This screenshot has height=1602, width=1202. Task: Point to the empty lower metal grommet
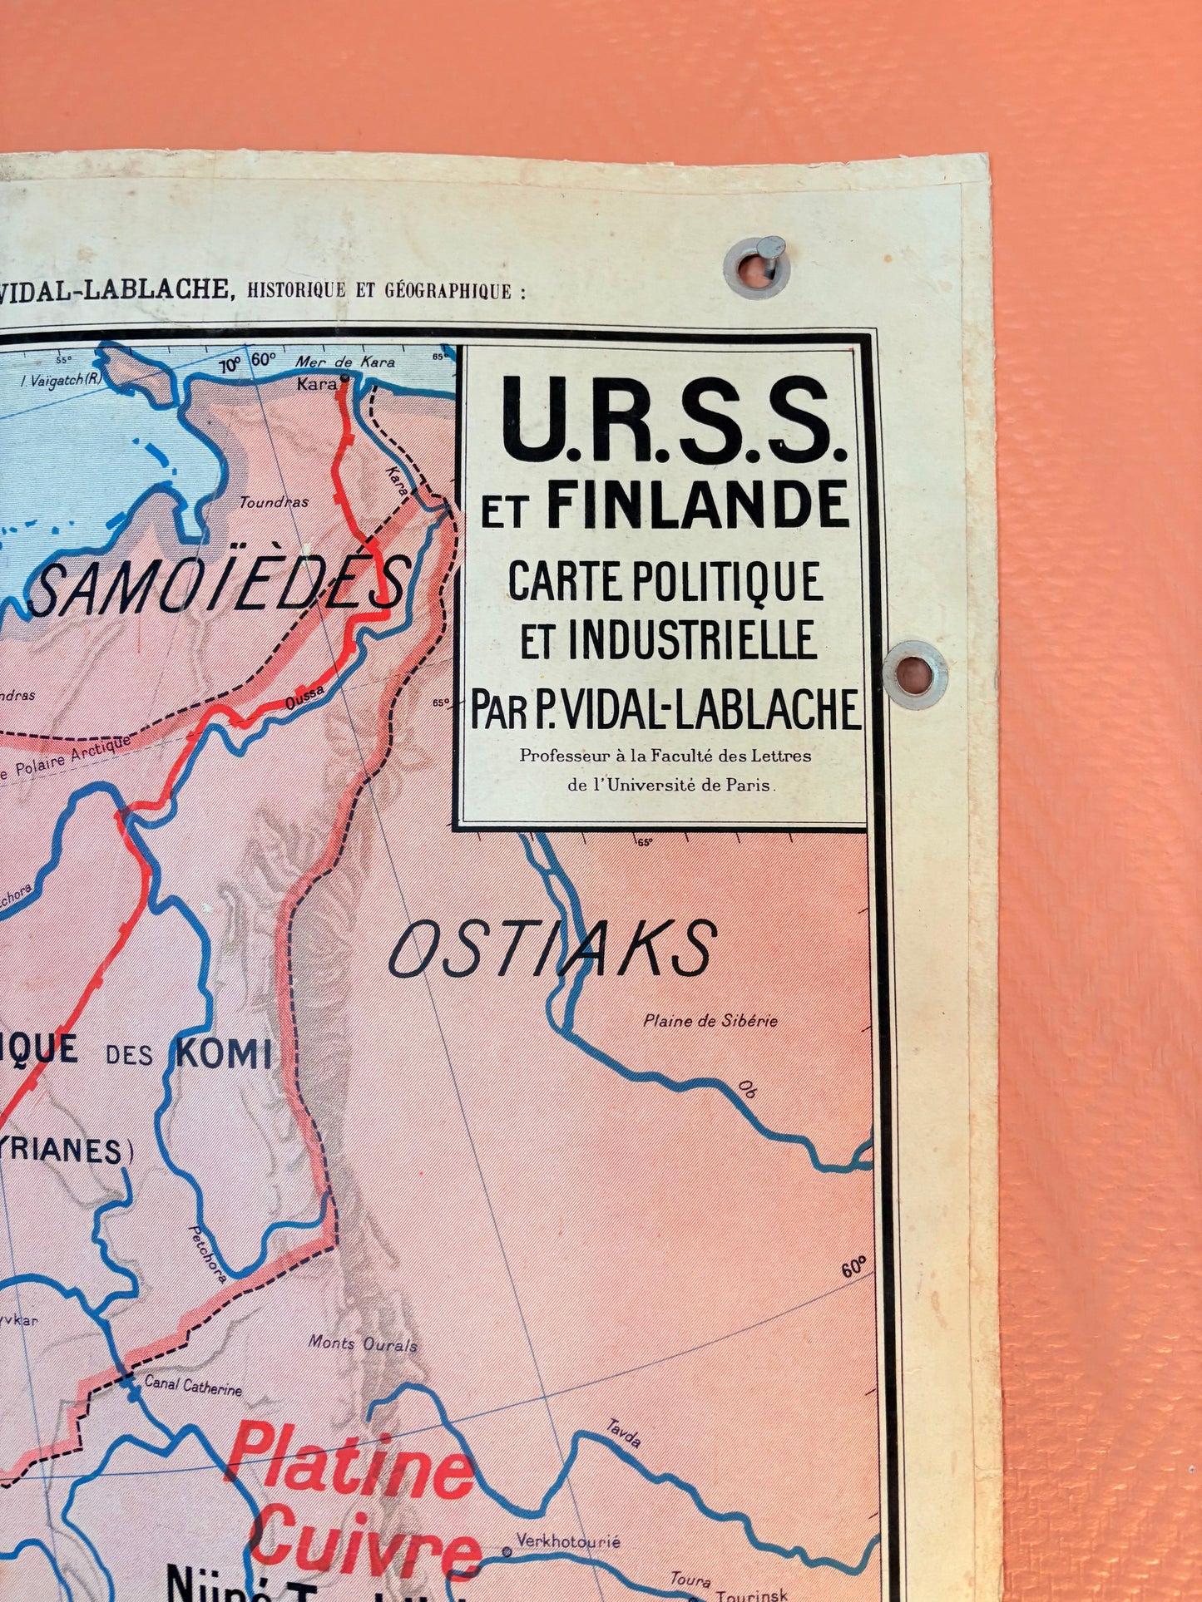click(914, 674)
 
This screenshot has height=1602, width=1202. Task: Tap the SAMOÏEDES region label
click(220, 585)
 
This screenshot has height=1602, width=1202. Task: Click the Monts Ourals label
click(363, 1343)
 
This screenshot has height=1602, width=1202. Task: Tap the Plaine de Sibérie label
click(710, 1021)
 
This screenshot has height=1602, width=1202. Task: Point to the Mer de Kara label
click(345, 362)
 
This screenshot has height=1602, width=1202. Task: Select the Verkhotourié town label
click(568, 1541)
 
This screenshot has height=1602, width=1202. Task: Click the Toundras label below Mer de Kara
click(274, 502)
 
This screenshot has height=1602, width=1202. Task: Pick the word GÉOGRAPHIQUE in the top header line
click(448, 291)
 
